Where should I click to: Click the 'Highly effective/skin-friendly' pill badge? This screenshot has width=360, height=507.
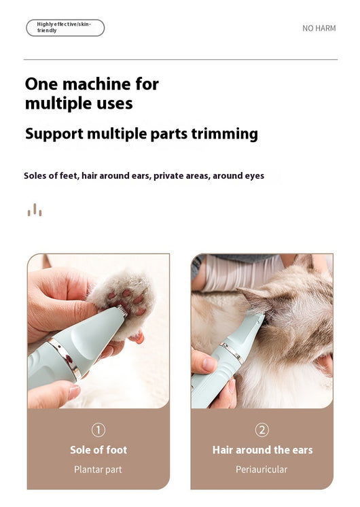coord(65,28)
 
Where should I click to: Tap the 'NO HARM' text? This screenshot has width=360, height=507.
coord(319,29)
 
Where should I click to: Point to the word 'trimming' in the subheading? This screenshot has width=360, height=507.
coord(225,134)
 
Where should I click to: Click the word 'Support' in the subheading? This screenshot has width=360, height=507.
coord(54,134)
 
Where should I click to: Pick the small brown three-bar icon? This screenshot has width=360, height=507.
coord(35,210)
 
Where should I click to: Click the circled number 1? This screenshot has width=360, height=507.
coord(98,430)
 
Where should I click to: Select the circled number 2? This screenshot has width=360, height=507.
coord(262,430)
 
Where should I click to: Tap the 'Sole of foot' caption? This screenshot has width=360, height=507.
coord(98,450)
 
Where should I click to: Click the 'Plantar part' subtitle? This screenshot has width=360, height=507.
coord(98,470)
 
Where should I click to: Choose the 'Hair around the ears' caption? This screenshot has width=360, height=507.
coord(262,450)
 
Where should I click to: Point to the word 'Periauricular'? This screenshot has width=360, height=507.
coord(262,470)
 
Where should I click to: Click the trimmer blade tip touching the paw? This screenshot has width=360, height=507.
coord(122,311)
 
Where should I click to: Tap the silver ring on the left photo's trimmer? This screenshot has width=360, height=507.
coord(65,358)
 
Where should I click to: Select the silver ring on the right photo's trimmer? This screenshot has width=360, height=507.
coord(232,353)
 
